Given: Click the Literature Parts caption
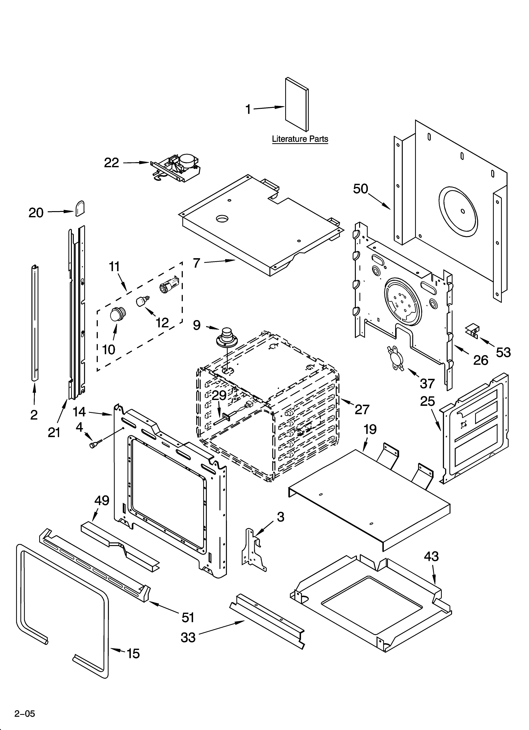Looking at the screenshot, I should click(x=300, y=139).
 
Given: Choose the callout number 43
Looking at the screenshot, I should click(x=431, y=556).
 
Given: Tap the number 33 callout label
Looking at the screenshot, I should click(x=188, y=637).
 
